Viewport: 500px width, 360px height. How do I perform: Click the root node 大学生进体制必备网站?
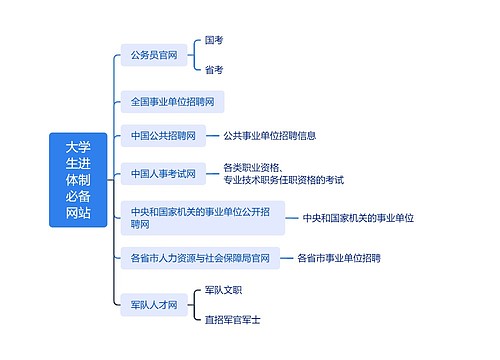[x=78, y=180]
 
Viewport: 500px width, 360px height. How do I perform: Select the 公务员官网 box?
[x=153, y=55]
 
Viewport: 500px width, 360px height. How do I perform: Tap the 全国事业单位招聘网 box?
[x=171, y=101]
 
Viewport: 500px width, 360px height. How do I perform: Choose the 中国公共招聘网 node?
[x=162, y=135]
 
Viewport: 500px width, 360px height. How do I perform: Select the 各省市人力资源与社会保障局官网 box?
[x=200, y=258]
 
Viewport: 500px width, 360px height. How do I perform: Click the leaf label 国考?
[x=214, y=41]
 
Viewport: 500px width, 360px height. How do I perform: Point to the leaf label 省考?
[x=214, y=70]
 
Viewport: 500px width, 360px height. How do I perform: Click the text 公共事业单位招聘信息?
[x=270, y=135]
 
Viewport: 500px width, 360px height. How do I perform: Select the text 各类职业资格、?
[x=251, y=166]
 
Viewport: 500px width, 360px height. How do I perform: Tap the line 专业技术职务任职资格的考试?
[x=284, y=180]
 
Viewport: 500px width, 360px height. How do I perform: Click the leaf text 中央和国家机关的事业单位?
[x=358, y=217]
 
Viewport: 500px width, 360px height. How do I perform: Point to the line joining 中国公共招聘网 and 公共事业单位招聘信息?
[x=213, y=135]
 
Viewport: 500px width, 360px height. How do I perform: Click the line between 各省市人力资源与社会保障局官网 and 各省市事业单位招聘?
[x=286, y=258]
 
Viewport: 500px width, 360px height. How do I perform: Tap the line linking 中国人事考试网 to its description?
[x=213, y=173]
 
